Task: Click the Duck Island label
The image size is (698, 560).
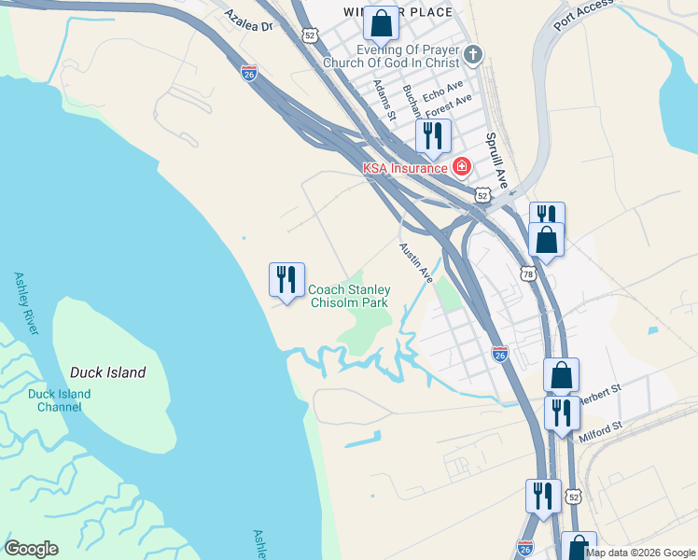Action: [108, 372]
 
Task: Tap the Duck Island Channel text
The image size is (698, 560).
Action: [59, 399]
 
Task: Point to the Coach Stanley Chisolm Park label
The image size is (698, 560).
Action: [349, 296]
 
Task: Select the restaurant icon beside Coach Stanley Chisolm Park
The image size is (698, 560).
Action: [286, 278]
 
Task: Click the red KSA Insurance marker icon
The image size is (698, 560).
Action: [460, 167]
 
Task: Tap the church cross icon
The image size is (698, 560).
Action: [473, 54]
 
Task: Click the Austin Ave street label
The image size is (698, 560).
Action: [417, 264]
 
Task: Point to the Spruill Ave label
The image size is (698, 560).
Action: [495, 159]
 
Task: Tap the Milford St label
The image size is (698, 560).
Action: [599, 428]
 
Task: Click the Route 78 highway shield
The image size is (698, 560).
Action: [527, 274]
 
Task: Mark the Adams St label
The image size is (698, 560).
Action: [384, 101]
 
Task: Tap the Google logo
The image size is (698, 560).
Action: [31, 549]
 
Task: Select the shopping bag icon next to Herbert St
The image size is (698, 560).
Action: [561, 375]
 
